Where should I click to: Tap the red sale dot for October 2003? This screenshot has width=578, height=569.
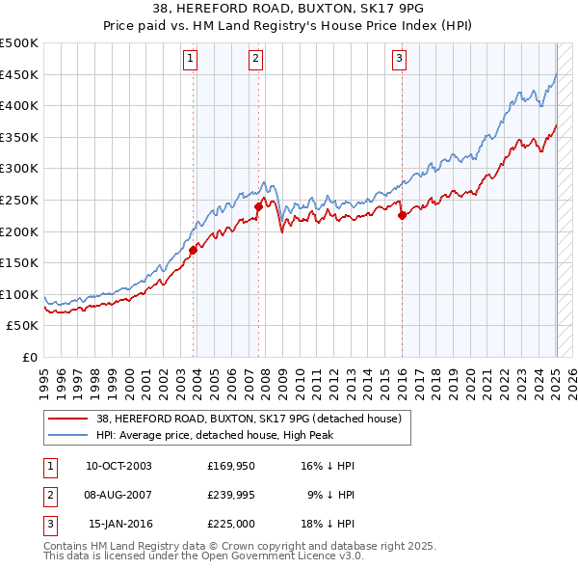pos(193,250)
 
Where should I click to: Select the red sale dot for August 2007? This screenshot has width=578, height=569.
pos(258,206)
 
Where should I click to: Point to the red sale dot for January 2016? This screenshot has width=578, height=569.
pos(402,215)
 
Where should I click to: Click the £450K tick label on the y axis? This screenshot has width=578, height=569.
pos(19,74)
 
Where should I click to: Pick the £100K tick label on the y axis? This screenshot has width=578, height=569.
pos(19,294)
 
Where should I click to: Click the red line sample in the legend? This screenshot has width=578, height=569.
pos(68,419)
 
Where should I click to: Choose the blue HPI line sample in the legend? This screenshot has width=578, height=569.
pos(68,435)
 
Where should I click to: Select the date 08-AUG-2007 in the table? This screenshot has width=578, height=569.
pos(118,496)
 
